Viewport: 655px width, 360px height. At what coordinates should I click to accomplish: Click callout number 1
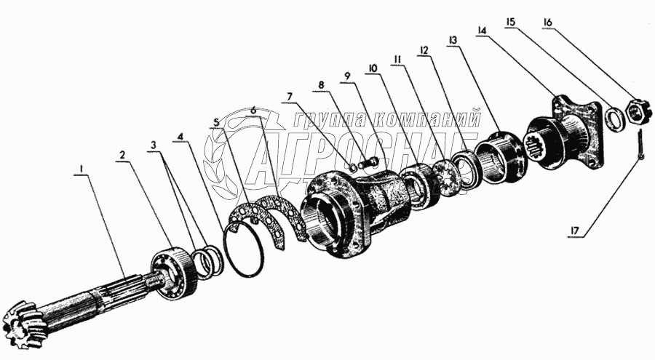pos(82,169)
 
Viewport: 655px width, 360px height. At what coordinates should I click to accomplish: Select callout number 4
pos(180,136)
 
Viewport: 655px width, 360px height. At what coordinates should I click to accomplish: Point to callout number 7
pos(290,97)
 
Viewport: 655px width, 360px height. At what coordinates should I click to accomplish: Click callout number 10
pos(373,68)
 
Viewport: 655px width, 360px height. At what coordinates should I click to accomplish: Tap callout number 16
pos(547,22)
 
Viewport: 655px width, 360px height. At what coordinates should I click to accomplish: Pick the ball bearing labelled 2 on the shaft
pos(172,271)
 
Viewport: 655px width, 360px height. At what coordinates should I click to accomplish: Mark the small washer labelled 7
pos(352,167)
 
